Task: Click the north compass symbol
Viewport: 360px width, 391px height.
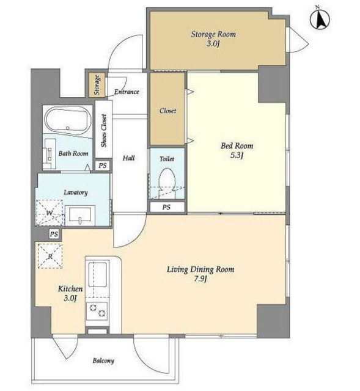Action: point(320,19)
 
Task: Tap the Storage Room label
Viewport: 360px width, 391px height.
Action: point(213,34)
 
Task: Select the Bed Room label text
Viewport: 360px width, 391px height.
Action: point(237,145)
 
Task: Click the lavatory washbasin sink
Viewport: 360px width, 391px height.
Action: point(80,216)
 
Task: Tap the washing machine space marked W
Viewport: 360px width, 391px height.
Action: point(50,213)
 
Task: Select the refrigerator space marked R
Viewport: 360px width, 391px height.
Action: point(50,256)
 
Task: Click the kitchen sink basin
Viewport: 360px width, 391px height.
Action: point(98,274)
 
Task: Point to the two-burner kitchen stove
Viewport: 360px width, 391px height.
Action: point(97,311)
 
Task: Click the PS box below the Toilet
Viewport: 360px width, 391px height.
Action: point(167,207)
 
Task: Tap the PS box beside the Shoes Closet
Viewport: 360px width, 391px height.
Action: point(102,166)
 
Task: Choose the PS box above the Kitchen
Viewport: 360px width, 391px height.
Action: point(54,234)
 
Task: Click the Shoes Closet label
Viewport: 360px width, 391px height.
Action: point(104,131)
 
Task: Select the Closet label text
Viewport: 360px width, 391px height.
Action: point(167,111)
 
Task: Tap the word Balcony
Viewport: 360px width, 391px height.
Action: point(103,360)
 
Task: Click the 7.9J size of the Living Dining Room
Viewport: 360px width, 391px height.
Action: point(200,279)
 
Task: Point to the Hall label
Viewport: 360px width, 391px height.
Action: point(129,158)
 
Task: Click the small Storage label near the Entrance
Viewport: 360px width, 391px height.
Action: point(97,85)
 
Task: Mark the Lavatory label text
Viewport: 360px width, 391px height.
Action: point(76,192)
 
